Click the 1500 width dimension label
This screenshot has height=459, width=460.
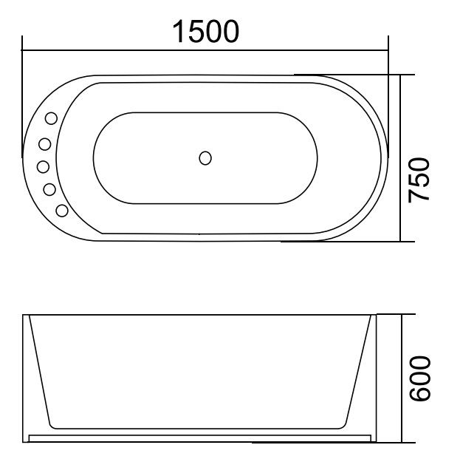tap(205, 32)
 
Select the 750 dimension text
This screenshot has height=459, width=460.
tap(419, 180)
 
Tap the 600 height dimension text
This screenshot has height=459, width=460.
tap(419, 378)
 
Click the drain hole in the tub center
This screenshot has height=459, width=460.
tap(205, 157)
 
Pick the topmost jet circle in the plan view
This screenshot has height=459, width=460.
tap(52, 118)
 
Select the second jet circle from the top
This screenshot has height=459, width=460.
tap(45, 143)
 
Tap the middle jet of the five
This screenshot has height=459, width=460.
tap(43, 166)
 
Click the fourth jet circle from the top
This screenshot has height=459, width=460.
tap(49, 189)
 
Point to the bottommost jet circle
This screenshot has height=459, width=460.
tap(62, 211)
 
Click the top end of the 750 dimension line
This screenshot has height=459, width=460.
tap(401, 75)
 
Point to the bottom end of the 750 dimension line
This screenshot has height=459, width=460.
tap(401, 242)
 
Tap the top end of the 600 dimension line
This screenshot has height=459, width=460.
tap(402, 315)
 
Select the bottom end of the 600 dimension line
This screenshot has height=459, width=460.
tap(402, 443)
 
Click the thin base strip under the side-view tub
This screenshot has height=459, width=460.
tap(199, 438)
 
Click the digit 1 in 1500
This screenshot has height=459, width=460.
tap(179, 32)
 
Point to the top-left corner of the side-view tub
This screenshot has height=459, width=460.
tap(23, 316)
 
